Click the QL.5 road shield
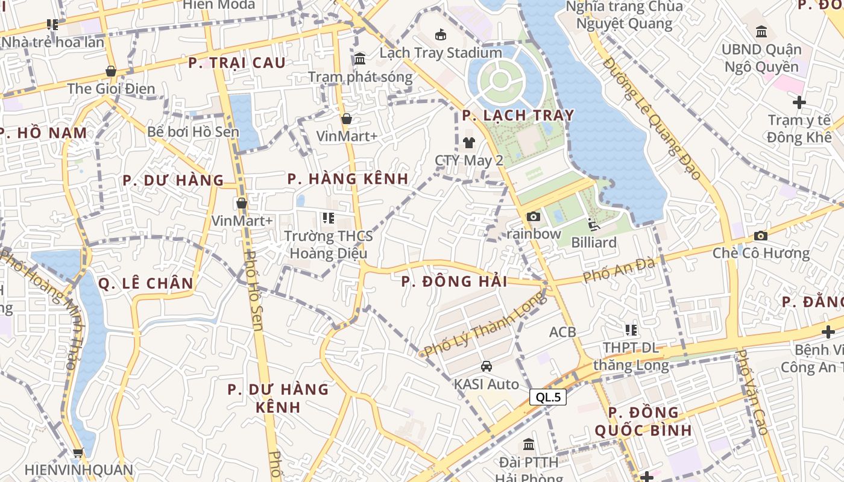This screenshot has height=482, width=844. pos(548,397)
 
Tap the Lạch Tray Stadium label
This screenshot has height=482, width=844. pos(441,52)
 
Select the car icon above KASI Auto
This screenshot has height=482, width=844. pos(487,366)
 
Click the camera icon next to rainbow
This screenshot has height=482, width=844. pos(533,217)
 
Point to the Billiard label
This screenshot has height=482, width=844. pos(594,242)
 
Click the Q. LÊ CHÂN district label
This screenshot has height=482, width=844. pos(146,283)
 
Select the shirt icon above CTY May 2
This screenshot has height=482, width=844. pos(469,143)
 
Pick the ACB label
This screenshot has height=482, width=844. pos(562,331)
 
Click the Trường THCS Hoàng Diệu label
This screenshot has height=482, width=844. pos(329,244)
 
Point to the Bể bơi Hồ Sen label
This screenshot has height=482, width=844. pos(194,131)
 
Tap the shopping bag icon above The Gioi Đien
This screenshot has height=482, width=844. pos(110,71)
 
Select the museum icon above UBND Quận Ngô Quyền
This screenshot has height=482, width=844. pos(761,31)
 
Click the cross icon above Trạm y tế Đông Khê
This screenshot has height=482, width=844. pos(799,102)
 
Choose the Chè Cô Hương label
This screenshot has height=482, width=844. pos(761,252)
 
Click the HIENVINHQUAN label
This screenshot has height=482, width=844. pos(78,469)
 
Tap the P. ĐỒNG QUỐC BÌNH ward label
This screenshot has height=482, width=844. pos(643,421)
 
